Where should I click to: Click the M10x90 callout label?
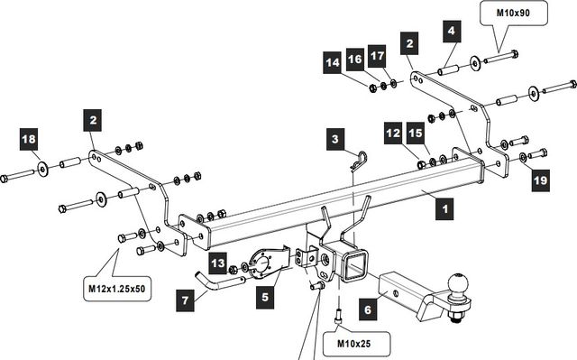pyautogui.click(x=513, y=13)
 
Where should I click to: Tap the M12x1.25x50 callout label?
pyautogui.click(x=116, y=289)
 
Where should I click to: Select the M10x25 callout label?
pyautogui.click(x=353, y=344)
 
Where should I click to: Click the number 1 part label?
pyautogui.click(x=444, y=209)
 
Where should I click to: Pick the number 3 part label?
pyautogui.click(x=335, y=139)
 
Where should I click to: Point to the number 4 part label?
pyautogui.click(x=452, y=31)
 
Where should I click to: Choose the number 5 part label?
pyautogui.click(x=265, y=297)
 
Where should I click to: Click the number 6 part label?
pyautogui.click(x=368, y=309)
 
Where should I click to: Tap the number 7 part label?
pyautogui.click(x=185, y=300)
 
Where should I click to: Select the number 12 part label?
pyautogui.click(x=393, y=133)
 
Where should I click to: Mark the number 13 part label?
pyautogui.click(x=218, y=263)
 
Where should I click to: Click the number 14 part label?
pyautogui.click(x=333, y=63)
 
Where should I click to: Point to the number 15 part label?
pyautogui.click(x=416, y=133)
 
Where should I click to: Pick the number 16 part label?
pyautogui.click(x=355, y=60)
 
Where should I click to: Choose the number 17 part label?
pyautogui.click(x=377, y=56)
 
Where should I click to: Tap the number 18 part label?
pyautogui.click(x=29, y=139)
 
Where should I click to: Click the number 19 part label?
pyautogui.click(x=541, y=180)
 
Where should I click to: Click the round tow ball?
pyautogui.click(x=458, y=284)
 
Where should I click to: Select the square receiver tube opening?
pyautogui.click(x=354, y=265)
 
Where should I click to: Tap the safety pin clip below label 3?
pyautogui.click(x=360, y=162)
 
